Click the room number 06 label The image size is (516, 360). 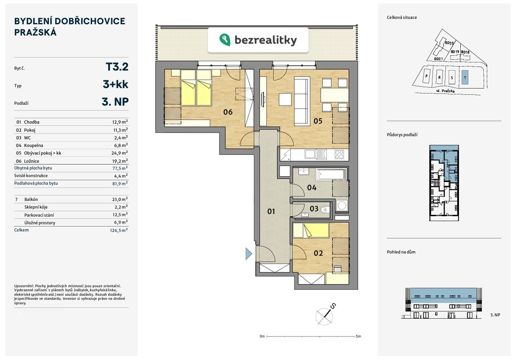(x=228, y=112)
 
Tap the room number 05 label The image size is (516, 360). (x=318, y=121)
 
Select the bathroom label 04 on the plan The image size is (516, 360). (x=312, y=187)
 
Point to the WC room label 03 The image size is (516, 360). (x=314, y=209)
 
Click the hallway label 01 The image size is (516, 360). (x=271, y=211)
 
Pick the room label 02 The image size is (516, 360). (x=318, y=253)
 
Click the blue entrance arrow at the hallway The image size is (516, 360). (x=249, y=254)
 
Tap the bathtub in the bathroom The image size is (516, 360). (x=331, y=174)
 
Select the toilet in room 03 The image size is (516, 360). (x=325, y=209)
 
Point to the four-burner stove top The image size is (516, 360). (x=339, y=154)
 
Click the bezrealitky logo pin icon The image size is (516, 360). (x=225, y=40)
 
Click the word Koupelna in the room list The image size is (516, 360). (x=33, y=146)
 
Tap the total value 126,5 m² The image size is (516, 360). (x=119, y=230)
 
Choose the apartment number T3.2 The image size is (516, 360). (x=117, y=67)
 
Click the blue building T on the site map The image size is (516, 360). (x=465, y=78)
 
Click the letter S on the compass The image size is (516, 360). (x=333, y=306)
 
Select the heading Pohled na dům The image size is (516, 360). (x=401, y=252)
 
